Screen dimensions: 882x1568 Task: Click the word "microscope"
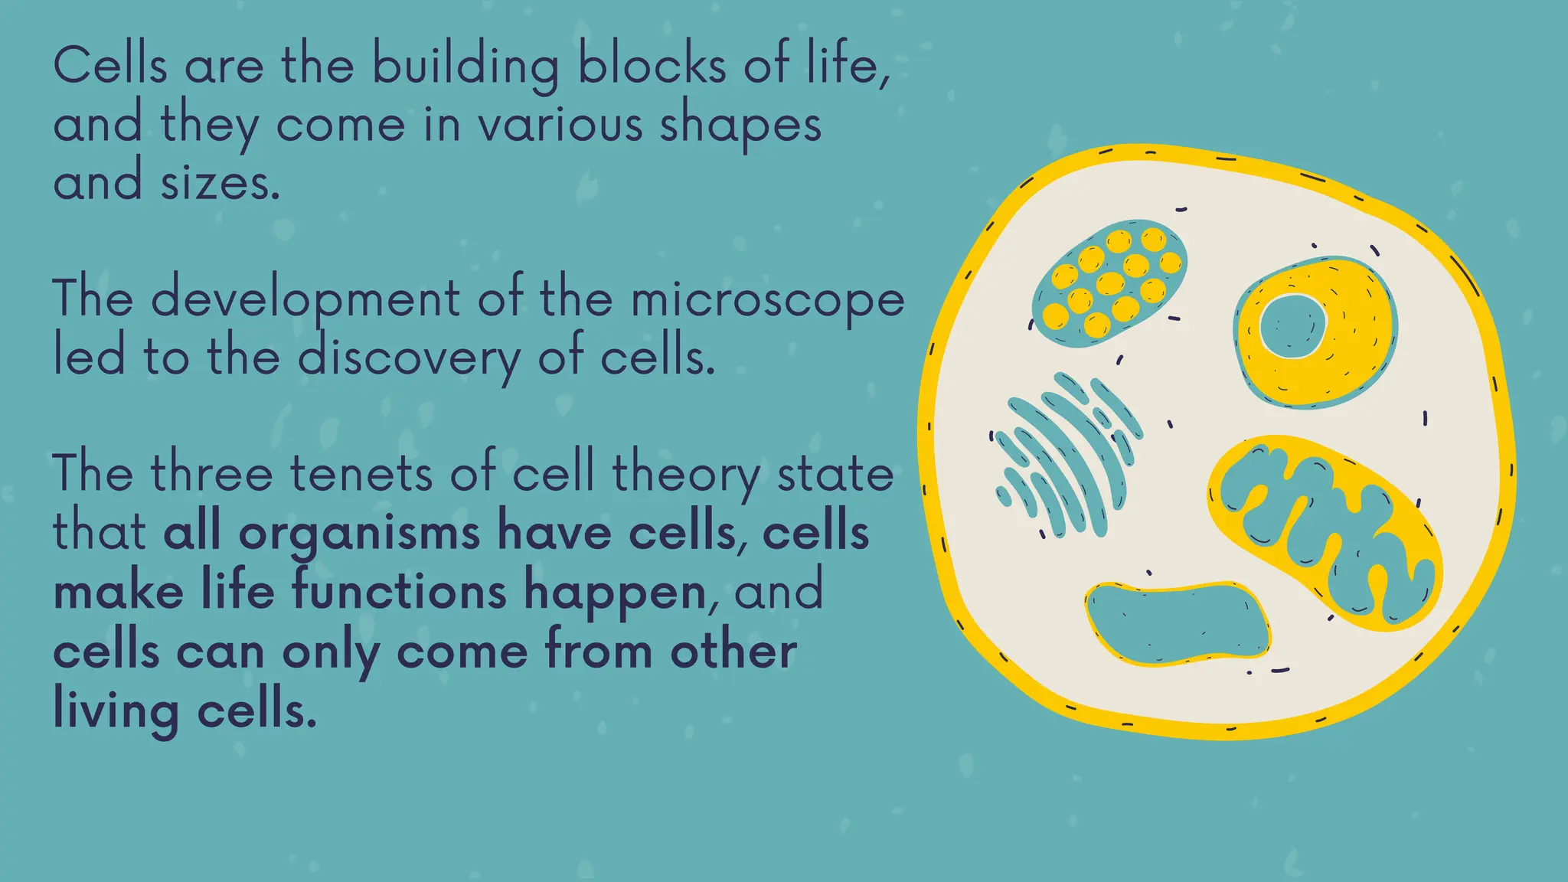[x=767, y=300]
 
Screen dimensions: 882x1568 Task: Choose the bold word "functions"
[x=400, y=593]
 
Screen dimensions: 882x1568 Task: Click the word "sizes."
[x=220, y=185]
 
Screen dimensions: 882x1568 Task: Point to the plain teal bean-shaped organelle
[x=1178, y=623]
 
